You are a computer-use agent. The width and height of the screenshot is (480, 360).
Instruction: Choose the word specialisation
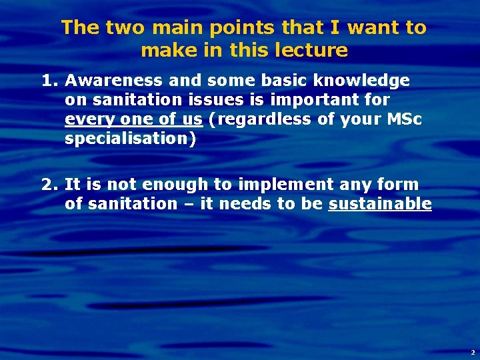(x=130, y=139)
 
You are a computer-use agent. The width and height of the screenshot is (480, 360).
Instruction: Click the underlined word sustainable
(x=380, y=204)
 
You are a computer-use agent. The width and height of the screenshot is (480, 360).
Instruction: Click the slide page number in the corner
(x=472, y=351)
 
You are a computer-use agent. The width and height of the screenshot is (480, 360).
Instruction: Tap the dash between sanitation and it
(x=187, y=204)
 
